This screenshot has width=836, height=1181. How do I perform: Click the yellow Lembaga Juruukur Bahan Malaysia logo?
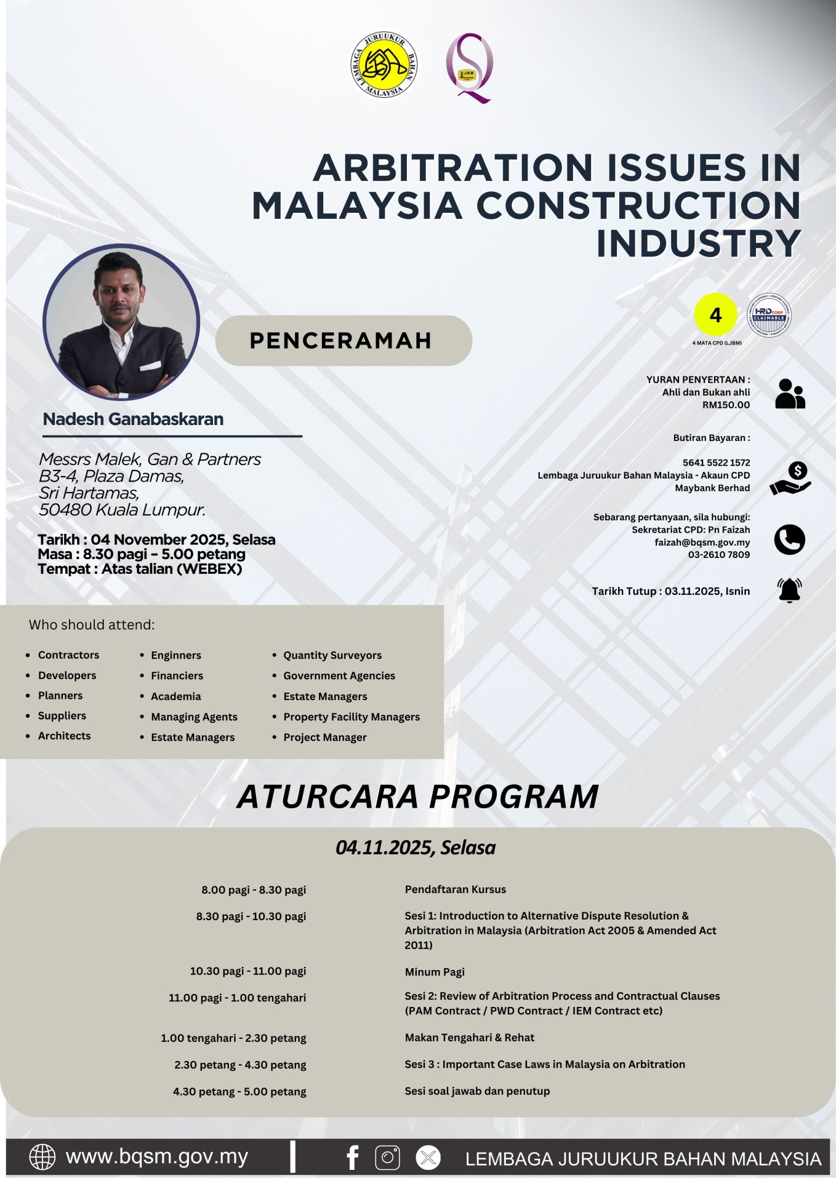tap(384, 65)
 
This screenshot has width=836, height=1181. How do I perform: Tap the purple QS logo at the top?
tap(470, 68)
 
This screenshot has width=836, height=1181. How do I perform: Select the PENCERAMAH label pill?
tap(344, 340)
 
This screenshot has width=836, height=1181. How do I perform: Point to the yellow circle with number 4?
tap(715, 315)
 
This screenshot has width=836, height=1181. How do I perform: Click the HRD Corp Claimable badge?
tap(769, 315)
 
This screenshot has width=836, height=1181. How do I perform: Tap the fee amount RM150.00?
tap(726, 405)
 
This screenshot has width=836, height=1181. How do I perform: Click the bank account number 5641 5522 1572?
tap(716, 463)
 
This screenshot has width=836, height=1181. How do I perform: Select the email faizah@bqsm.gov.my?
tap(702, 543)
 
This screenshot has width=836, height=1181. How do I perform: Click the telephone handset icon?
tap(789, 540)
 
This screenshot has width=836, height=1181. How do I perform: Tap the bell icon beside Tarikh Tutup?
tap(789, 590)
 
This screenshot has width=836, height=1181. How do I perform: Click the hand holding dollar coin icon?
tap(790, 479)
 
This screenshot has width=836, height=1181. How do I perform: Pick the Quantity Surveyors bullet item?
tap(332, 655)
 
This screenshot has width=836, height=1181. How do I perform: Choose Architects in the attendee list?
tap(64, 736)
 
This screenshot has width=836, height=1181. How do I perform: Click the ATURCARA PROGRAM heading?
tap(417, 797)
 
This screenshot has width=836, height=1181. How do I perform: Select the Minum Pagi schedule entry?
tap(435, 972)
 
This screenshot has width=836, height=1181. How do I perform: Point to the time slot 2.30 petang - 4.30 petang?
tap(240, 1065)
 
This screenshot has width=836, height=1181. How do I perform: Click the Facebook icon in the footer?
tap(353, 1158)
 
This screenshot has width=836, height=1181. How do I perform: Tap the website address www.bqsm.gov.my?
tap(156, 1157)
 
